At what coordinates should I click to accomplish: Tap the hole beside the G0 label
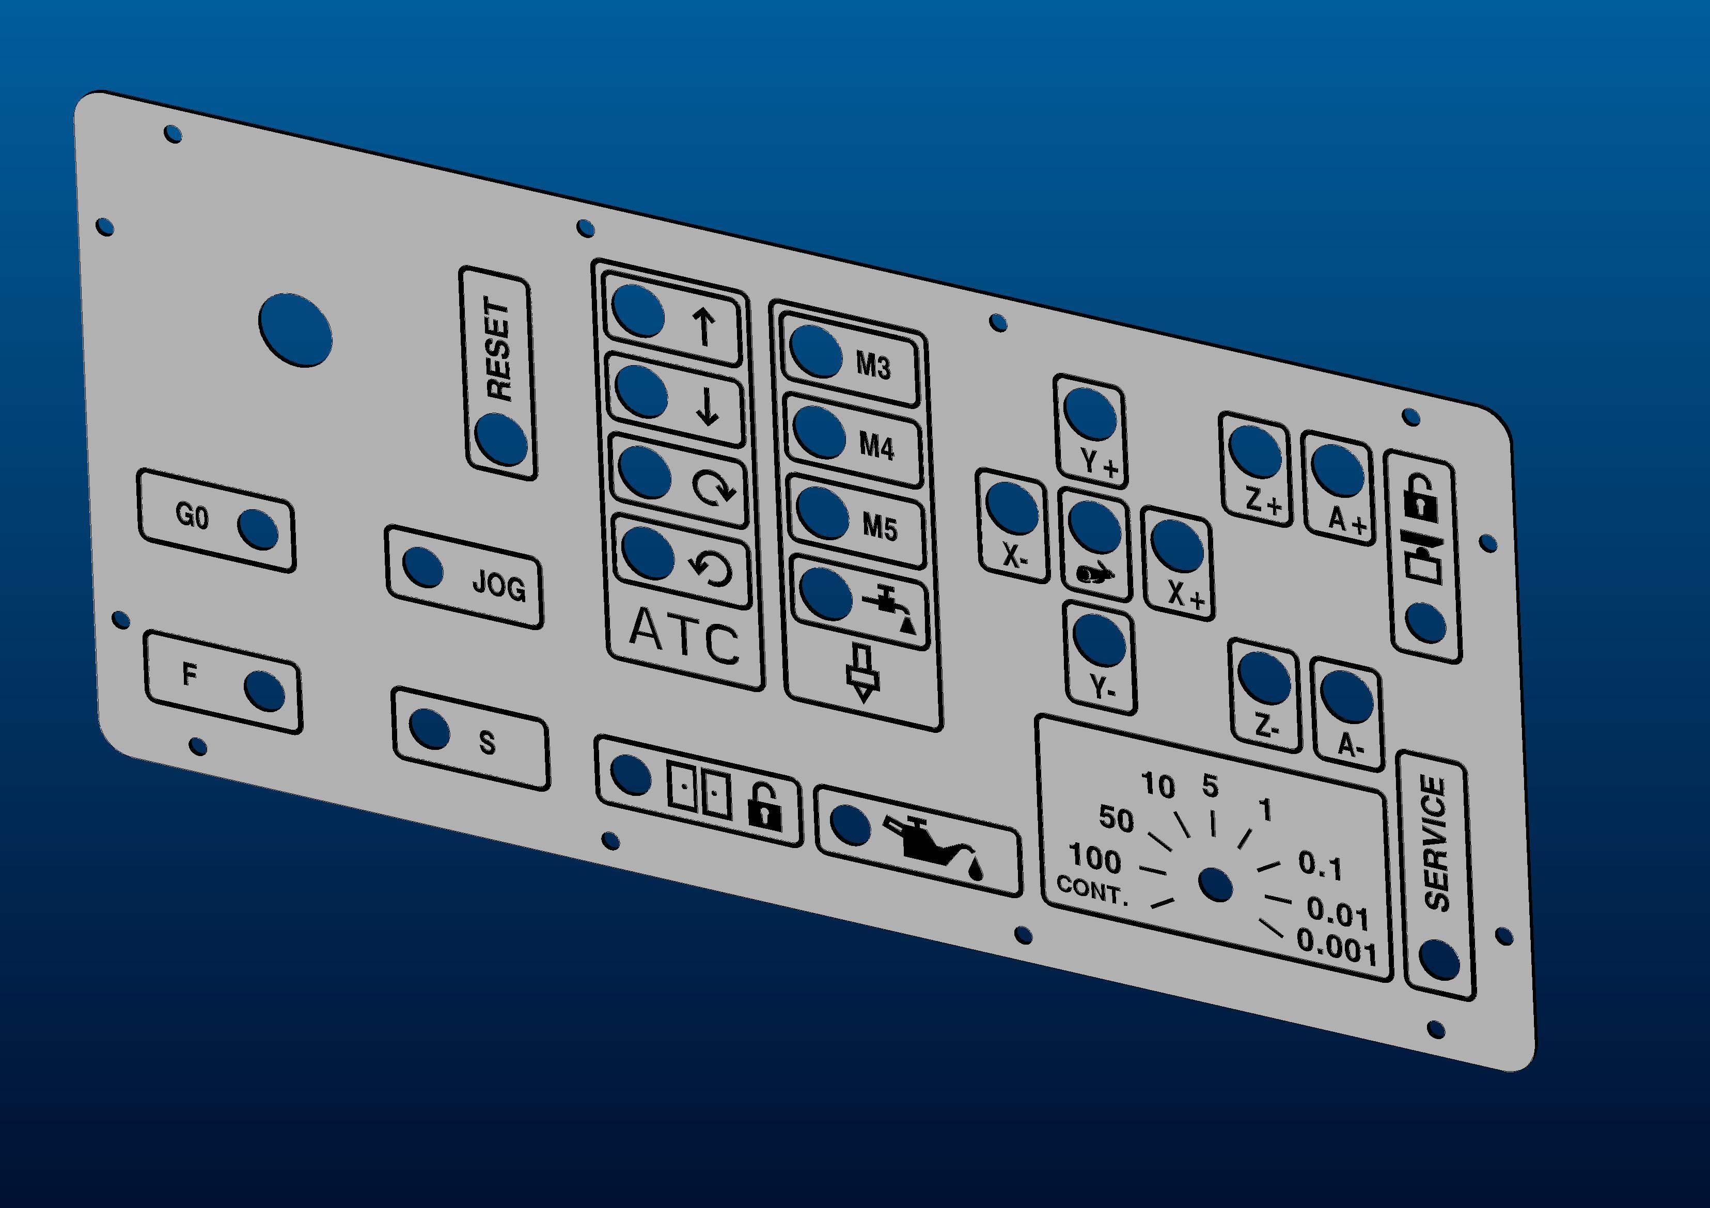click(258, 529)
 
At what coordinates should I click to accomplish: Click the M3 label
click(873, 365)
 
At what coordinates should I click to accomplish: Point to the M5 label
click(881, 527)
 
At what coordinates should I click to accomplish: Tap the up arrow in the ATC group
click(704, 328)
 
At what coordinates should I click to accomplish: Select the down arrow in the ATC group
click(708, 407)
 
